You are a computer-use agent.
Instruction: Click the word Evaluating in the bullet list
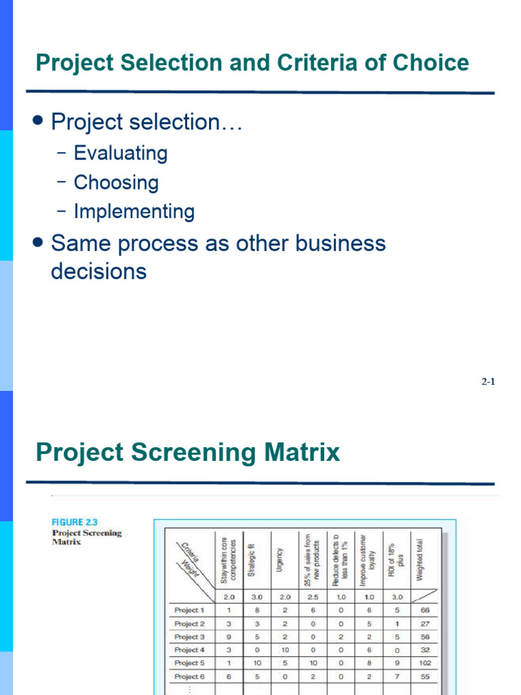(x=120, y=153)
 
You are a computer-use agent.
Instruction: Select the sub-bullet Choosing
(x=116, y=183)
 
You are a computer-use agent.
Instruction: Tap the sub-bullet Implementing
(x=134, y=212)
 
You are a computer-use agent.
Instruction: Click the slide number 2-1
(x=488, y=382)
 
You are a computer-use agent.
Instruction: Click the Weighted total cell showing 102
(x=425, y=663)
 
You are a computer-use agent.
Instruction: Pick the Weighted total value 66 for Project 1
(x=425, y=610)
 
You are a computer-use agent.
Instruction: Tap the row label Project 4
(x=189, y=650)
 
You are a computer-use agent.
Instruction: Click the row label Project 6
(x=189, y=677)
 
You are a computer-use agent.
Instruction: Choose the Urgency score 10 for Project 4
(x=285, y=650)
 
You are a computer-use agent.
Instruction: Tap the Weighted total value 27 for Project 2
(x=425, y=623)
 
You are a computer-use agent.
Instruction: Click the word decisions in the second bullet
(x=99, y=271)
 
